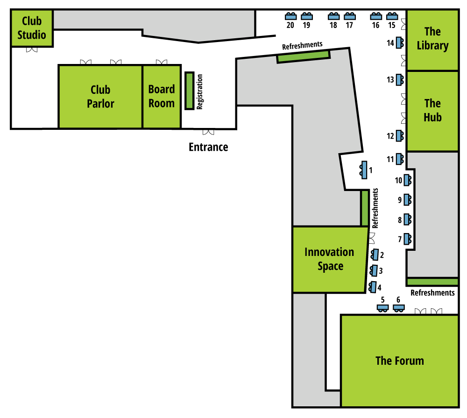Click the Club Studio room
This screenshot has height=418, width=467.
[32, 28]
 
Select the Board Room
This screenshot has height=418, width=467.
[162, 97]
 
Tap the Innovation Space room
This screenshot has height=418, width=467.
[330, 260]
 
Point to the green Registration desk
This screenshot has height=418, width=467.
[190, 91]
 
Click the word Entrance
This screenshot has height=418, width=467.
[208, 147]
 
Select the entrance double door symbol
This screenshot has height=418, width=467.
[208, 132]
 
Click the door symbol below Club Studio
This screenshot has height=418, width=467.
[32, 50]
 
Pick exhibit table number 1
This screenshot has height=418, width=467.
[363, 170]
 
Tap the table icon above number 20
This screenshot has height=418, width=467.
[290, 16]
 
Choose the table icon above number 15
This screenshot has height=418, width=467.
[392, 16]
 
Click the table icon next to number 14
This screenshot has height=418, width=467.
[400, 43]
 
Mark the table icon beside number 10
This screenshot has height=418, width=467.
[408, 180]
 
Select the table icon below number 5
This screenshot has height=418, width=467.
[383, 308]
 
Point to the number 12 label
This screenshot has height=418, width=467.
[390, 136]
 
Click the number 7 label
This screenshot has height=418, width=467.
[400, 239]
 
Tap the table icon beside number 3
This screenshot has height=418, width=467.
[374, 270]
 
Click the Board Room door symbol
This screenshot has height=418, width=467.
[162, 62]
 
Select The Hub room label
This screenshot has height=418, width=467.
[432, 110]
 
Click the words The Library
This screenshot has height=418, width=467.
[432, 38]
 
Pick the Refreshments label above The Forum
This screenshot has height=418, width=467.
[432, 293]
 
